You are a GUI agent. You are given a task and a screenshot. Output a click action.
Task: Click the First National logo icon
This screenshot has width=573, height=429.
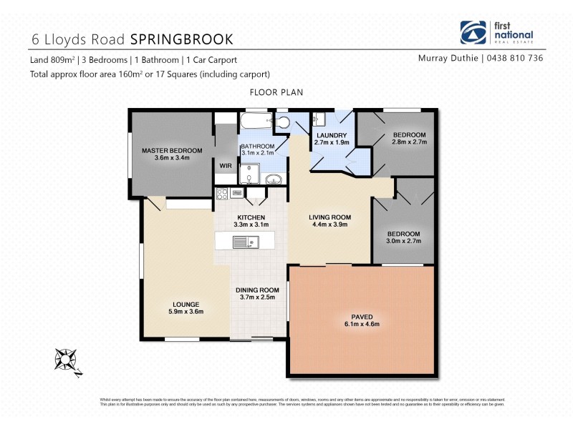click(473, 33)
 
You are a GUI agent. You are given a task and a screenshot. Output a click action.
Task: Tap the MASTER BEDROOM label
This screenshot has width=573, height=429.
click(172, 151)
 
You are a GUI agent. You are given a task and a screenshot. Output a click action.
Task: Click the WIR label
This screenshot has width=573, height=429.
click(225, 165)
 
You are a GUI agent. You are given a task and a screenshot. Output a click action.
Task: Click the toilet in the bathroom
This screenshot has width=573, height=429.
click(284, 122)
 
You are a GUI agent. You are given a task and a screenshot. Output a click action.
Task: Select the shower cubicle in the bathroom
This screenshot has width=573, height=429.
click(249, 174)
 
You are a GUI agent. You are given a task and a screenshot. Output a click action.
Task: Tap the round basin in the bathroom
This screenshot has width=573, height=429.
click(274, 178)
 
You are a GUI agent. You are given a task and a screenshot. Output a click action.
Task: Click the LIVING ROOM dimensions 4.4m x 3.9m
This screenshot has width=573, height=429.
click(329, 225)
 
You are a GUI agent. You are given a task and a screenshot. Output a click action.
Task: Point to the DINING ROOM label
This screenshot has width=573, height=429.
click(257, 290)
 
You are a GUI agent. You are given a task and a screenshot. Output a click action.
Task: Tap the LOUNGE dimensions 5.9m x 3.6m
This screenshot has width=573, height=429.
click(186, 312)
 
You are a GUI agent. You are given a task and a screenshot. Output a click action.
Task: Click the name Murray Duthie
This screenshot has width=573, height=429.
click(448, 59)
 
